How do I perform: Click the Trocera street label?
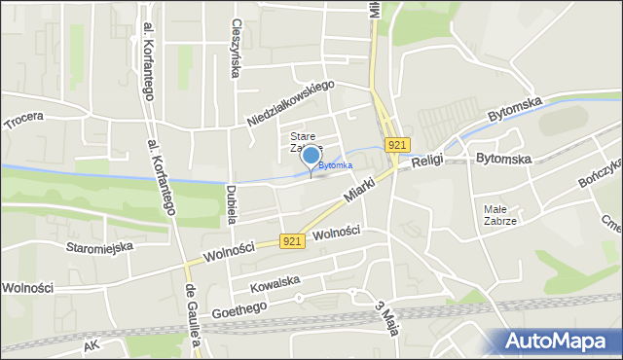24,119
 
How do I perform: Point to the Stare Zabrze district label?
303,142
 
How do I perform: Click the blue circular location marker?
311,155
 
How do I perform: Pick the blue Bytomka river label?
336,165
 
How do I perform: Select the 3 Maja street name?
387,318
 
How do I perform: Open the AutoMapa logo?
556,342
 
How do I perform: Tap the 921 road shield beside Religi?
395,145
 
